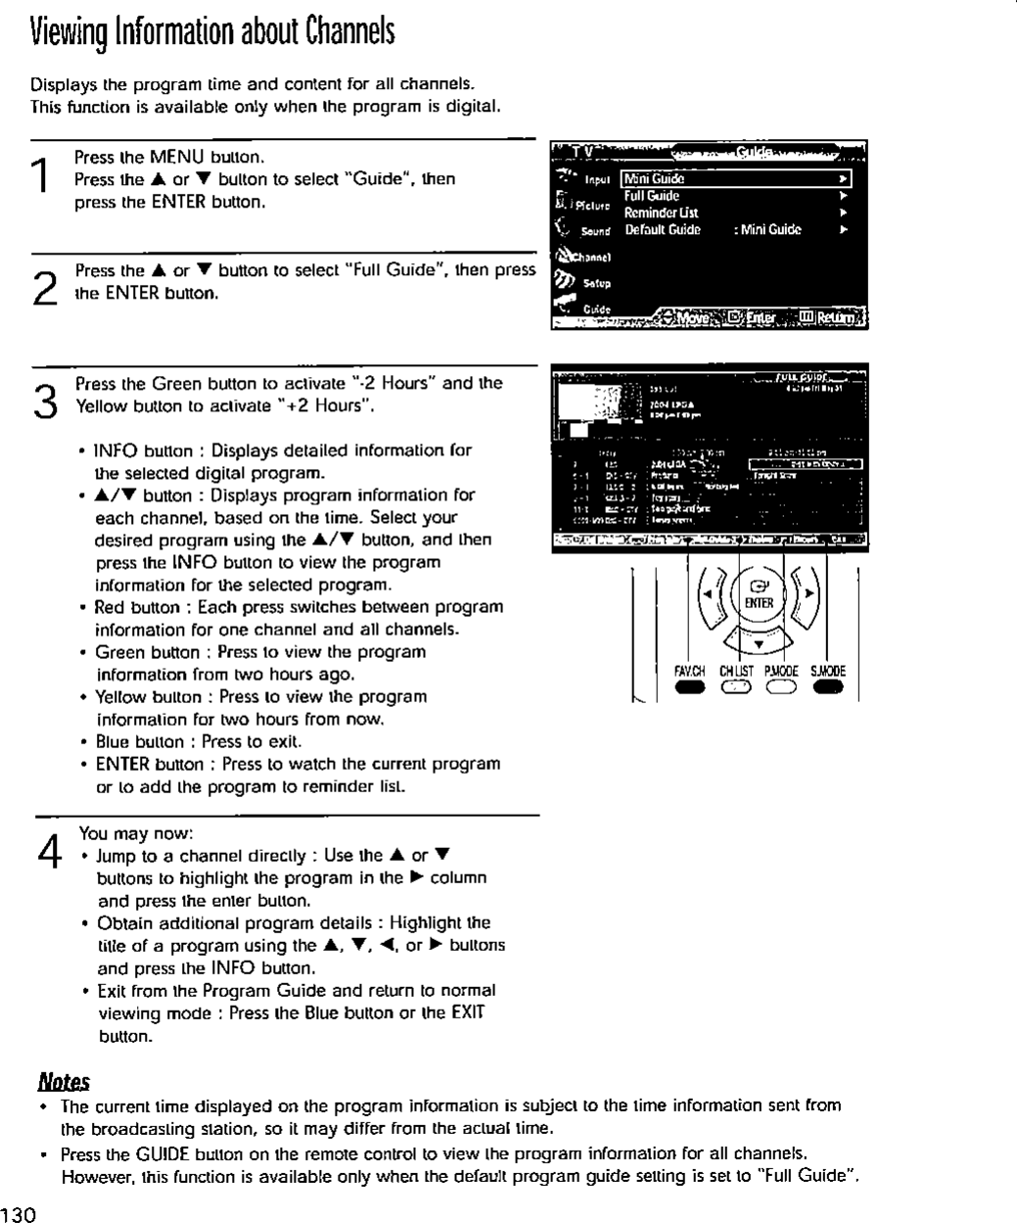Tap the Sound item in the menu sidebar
tap(594, 231)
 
